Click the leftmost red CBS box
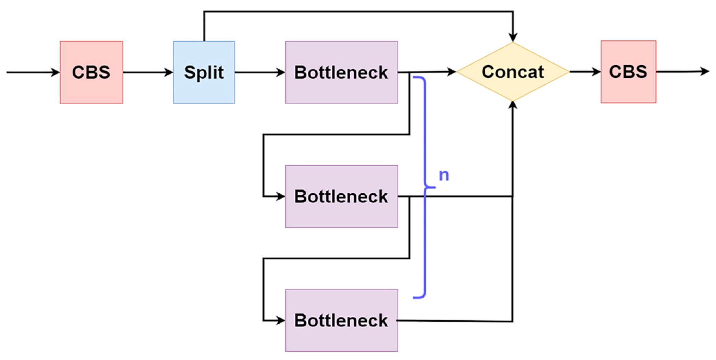(91, 72)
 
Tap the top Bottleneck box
(341, 72)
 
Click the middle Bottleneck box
(341, 196)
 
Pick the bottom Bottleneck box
(341, 320)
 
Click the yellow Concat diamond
(513, 72)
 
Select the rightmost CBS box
(628, 72)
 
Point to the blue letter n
(444, 175)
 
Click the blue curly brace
(425, 187)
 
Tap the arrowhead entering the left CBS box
(56, 72)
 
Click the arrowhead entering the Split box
(169, 72)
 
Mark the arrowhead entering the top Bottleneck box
(281, 72)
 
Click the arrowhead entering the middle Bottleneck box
(281, 196)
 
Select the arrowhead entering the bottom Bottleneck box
(281, 321)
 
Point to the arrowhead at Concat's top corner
(513, 37)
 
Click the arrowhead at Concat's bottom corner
(513, 105)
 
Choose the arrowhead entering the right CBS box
(596, 72)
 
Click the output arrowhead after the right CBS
(705, 71)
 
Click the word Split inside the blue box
(204, 73)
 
